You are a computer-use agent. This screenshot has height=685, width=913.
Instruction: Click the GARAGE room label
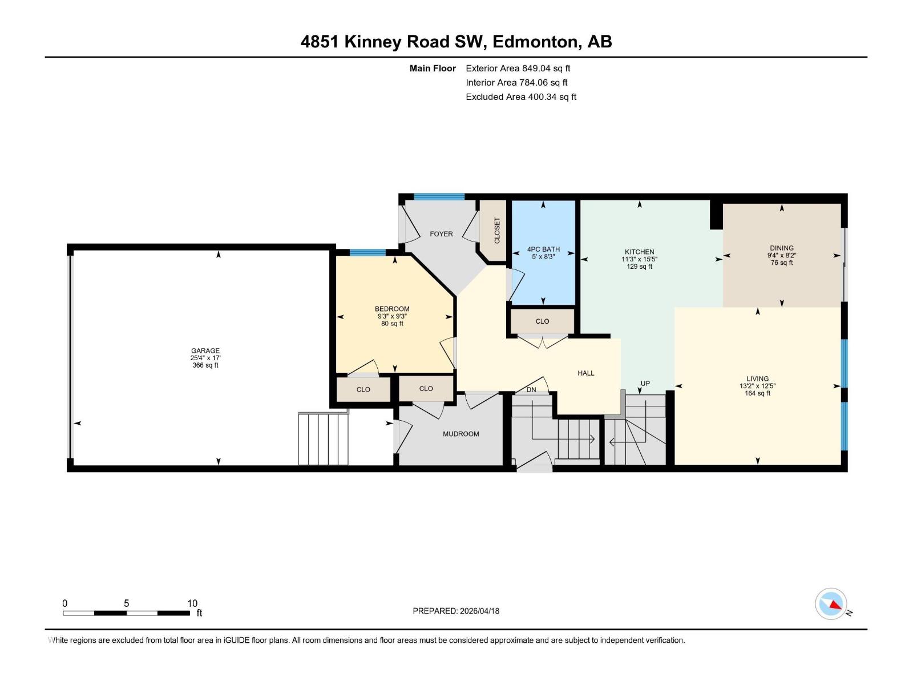pyautogui.click(x=205, y=351)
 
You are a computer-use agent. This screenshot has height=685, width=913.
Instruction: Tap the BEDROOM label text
pyautogui.click(x=392, y=309)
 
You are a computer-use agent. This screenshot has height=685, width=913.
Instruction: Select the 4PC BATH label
pyautogui.click(x=543, y=249)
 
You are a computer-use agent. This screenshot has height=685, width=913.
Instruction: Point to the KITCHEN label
pyautogui.click(x=639, y=252)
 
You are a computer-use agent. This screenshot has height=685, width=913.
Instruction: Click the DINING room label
pyautogui.click(x=781, y=248)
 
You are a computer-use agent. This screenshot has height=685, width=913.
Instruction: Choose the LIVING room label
pyautogui.click(x=757, y=378)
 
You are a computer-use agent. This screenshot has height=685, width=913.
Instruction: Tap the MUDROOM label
pyautogui.click(x=460, y=434)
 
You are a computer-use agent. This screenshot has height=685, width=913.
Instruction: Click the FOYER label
pyautogui.click(x=441, y=234)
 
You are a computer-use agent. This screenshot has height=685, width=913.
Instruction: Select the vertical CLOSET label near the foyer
pyautogui.click(x=497, y=230)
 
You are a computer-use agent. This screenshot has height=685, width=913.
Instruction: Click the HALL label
pyautogui.click(x=585, y=373)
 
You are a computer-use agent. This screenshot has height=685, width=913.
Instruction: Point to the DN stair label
pyautogui.click(x=531, y=390)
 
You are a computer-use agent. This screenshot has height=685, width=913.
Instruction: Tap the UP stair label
pyautogui.click(x=645, y=384)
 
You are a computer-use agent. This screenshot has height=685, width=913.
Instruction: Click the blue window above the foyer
pyautogui.click(x=439, y=197)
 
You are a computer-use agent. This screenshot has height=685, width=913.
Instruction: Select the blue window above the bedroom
pyautogui.click(x=367, y=253)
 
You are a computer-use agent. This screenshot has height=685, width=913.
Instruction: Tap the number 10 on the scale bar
pyautogui.click(x=192, y=603)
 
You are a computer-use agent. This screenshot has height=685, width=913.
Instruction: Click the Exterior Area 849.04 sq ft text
pyautogui.click(x=518, y=68)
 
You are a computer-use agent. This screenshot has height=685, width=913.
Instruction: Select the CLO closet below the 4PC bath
pyautogui.click(x=542, y=321)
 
